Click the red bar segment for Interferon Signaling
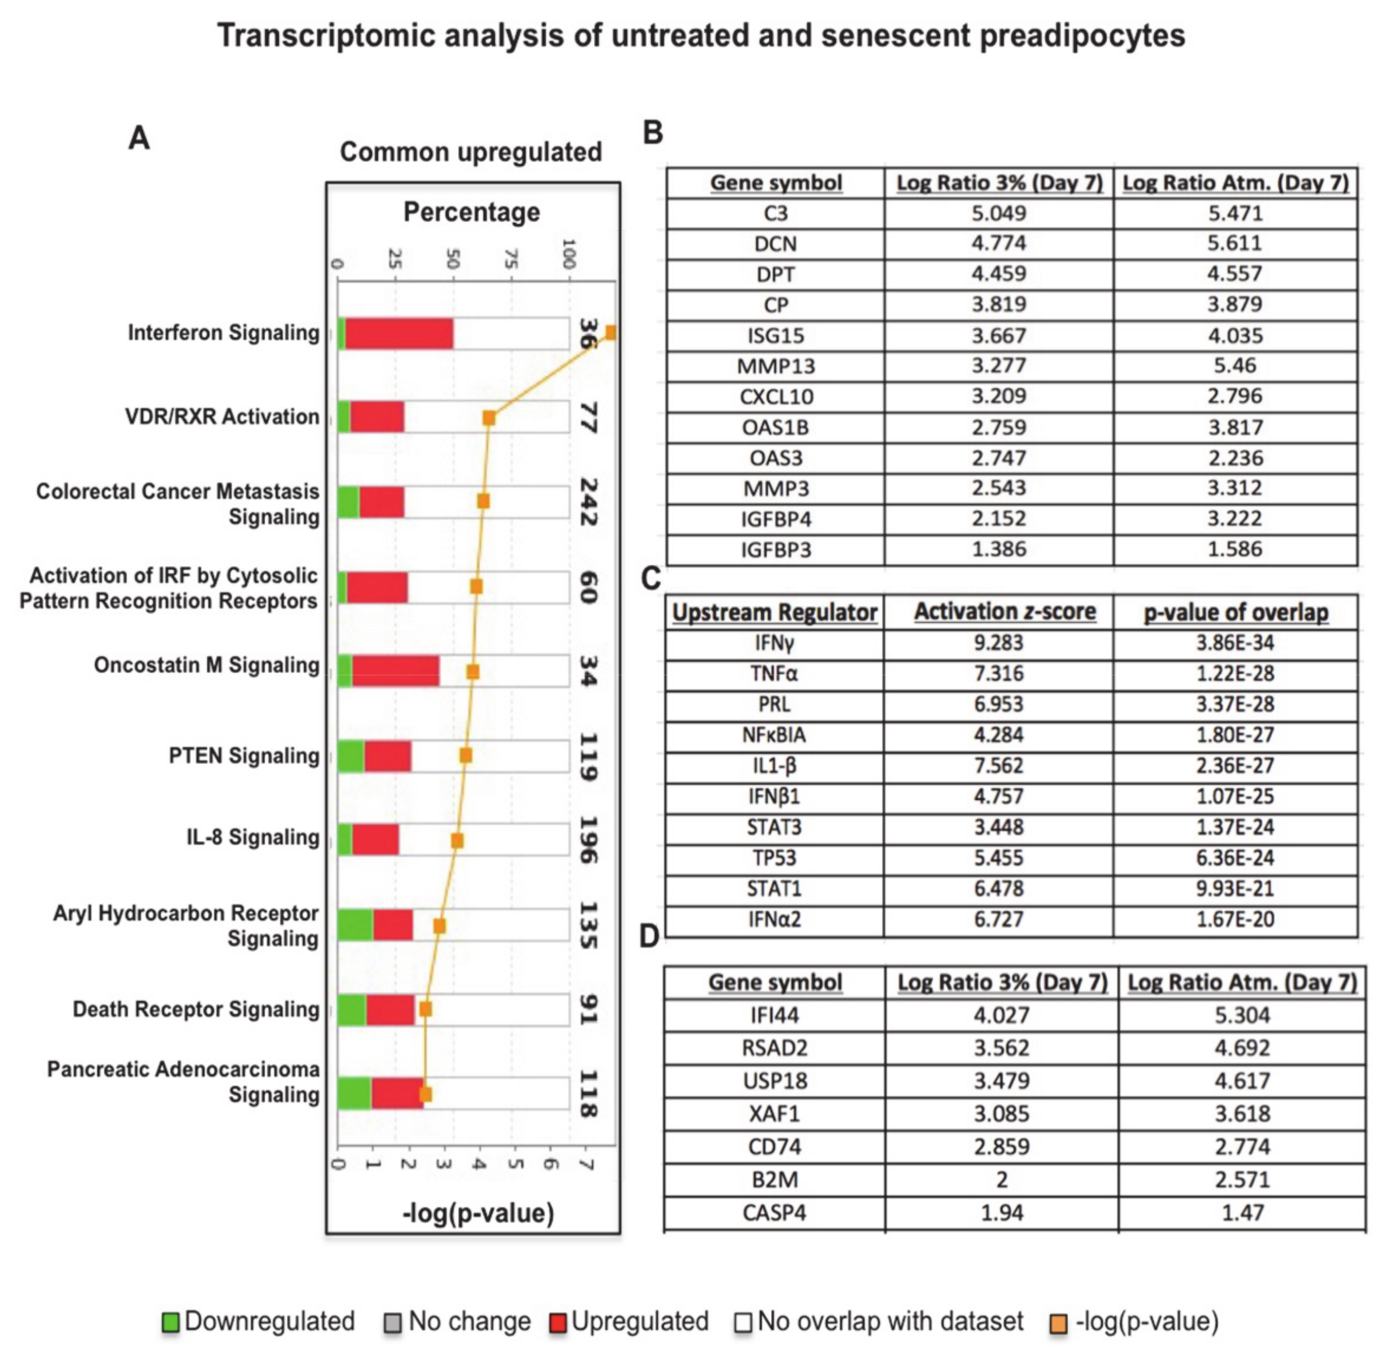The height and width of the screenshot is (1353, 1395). pos(398,334)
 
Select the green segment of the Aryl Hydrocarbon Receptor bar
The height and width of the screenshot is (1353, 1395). pos(355,925)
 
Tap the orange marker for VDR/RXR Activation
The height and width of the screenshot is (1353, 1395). pos(489,418)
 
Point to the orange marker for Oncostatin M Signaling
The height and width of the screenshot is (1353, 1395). pos(473,672)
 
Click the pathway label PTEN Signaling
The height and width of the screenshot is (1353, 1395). pos(244,756)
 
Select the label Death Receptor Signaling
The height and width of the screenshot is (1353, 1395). pos(196,1009)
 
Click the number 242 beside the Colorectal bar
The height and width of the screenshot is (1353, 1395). pos(587,502)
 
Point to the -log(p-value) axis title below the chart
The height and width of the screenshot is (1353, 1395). pos(478,1213)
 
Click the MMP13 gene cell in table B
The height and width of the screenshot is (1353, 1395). pos(775,366)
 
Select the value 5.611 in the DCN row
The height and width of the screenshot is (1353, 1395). pos(1235,244)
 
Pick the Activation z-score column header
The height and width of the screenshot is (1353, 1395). pos(1005,612)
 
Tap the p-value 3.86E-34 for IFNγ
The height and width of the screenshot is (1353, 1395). pos(1235,643)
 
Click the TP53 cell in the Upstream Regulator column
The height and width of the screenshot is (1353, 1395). pos(775,858)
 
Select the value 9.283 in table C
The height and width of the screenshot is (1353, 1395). pos(998,643)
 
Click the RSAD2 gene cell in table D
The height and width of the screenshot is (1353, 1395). pos(775,1047)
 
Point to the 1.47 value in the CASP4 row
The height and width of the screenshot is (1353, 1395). pos(1242,1213)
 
